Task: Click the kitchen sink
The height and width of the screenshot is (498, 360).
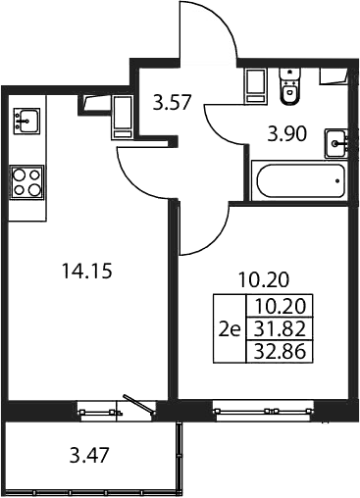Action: (x=26, y=121)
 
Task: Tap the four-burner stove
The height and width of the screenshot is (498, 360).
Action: (x=26, y=182)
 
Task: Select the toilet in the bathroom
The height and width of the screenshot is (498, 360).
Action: (x=289, y=87)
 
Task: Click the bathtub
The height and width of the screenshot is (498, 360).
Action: (x=300, y=180)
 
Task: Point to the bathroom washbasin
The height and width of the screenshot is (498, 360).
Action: (x=336, y=143)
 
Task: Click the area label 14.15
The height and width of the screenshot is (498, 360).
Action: (x=87, y=272)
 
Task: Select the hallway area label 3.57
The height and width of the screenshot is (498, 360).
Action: (x=172, y=103)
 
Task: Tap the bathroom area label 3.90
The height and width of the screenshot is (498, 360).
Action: (x=287, y=134)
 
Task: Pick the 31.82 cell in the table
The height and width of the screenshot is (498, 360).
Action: (x=280, y=328)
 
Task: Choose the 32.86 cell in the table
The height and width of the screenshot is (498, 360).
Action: (x=280, y=352)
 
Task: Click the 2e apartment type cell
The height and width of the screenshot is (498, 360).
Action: (x=230, y=328)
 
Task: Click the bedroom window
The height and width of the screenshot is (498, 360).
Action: (x=263, y=412)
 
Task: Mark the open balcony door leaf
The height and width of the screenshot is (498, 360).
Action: (x=138, y=405)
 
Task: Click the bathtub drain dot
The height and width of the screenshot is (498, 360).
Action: (x=337, y=180)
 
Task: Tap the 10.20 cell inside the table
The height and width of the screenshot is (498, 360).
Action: (x=280, y=306)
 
